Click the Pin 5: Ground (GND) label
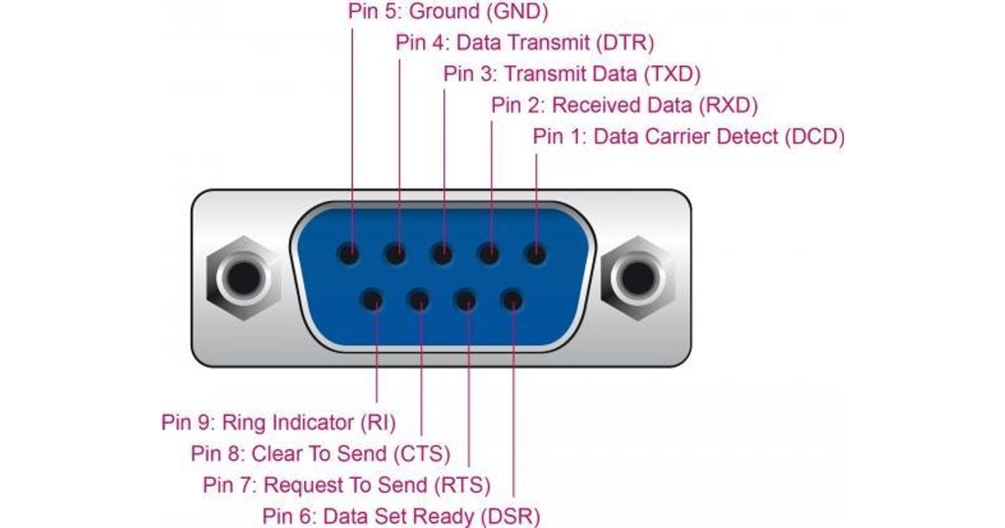click(x=448, y=12)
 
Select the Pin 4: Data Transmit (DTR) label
click(x=524, y=43)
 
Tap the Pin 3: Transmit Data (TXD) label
click(x=572, y=74)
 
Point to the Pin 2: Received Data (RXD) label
click(x=625, y=106)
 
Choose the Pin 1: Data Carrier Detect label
click(x=688, y=137)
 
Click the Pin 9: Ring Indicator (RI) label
click(x=279, y=423)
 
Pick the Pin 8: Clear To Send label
click(x=320, y=454)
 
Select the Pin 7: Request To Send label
click(x=347, y=485)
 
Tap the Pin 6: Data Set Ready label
click(x=401, y=517)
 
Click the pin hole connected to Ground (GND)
click(x=348, y=254)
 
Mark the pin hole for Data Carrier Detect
click(x=535, y=254)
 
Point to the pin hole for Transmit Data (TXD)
click(x=442, y=254)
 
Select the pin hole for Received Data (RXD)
click(x=489, y=254)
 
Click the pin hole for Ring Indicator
click(x=373, y=300)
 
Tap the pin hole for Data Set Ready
click(x=513, y=300)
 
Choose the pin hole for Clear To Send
click(x=419, y=300)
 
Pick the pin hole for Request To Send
click(x=466, y=300)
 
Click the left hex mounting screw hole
click(x=244, y=278)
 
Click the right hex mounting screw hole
click(x=638, y=278)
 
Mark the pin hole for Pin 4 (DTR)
click(x=395, y=254)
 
